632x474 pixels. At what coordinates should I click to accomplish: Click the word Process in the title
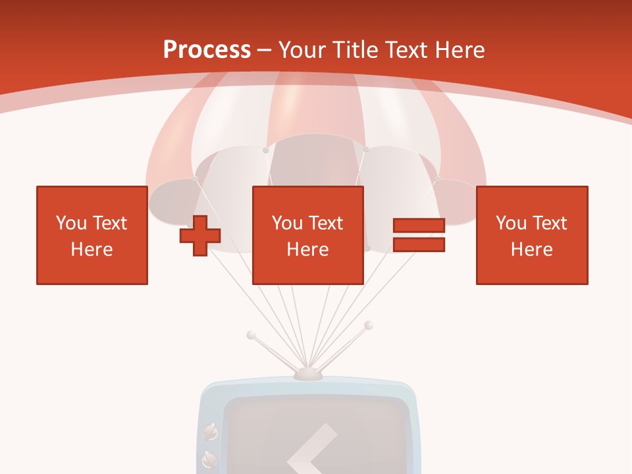pyautogui.click(x=207, y=50)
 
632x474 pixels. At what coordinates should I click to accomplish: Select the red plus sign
pyautogui.click(x=200, y=236)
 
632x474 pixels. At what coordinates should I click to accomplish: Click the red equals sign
pyautogui.click(x=419, y=235)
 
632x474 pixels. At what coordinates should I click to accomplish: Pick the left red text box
pyautogui.click(x=92, y=236)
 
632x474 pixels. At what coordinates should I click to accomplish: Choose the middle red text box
pyautogui.click(x=308, y=236)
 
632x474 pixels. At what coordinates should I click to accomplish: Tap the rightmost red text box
pyautogui.click(x=532, y=236)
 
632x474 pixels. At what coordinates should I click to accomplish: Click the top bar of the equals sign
pyautogui.click(x=419, y=226)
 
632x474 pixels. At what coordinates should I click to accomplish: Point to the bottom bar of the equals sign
pyautogui.click(x=419, y=244)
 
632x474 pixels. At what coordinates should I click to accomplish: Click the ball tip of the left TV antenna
pyautogui.click(x=251, y=335)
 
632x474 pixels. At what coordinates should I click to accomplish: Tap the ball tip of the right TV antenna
pyautogui.click(x=369, y=325)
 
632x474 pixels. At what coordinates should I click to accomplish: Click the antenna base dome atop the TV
pyautogui.click(x=307, y=374)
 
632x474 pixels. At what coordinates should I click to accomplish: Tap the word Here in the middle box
pyautogui.click(x=308, y=250)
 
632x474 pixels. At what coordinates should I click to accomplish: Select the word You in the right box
pyautogui.click(x=510, y=223)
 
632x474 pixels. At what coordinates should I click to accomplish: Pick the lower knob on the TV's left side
pyautogui.click(x=209, y=456)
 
